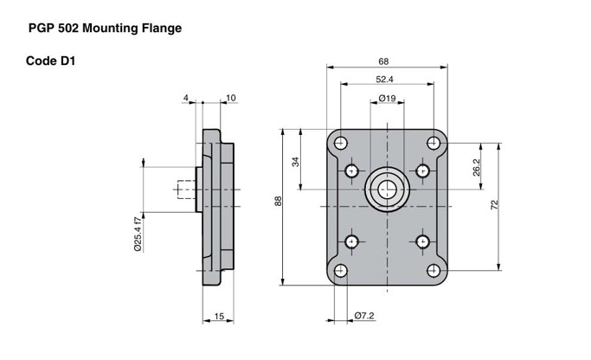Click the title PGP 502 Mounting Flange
(105, 29)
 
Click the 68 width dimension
(383, 61)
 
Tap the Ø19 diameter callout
(388, 99)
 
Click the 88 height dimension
(279, 201)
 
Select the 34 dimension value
(296, 162)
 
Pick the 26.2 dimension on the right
(477, 168)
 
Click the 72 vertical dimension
(494, 204)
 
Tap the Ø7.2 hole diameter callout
(363, 316)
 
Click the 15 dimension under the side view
(219, 318)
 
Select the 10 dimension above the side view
(230, 98)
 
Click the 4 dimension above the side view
(185, 98)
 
